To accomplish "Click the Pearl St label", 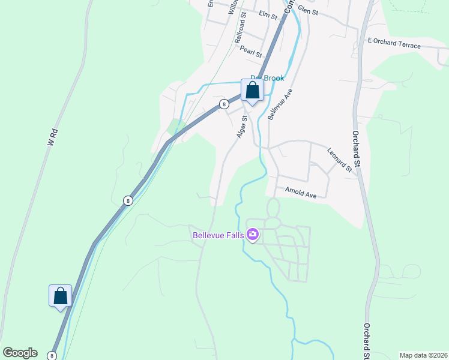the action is pyautogui.click(x=251, y=52).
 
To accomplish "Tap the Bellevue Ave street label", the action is pyautogui.click(x=280, y=104).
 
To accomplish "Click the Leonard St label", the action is pyautogui.click(x=339, y=160).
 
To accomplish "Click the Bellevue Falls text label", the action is pyautogui.click(x=218, y=235).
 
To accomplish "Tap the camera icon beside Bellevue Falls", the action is pyautogui.click(x=253, y=234).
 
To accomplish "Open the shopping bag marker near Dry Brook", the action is pyautogui.click(x=253, y=91).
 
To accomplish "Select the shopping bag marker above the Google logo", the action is pyautogui.click(x=60, y=296).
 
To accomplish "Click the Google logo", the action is pyautogui.click(x=20, y=353).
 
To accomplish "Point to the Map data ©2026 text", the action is pyautogui.click(x=423, y=355).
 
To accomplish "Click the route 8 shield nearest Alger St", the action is pyautogui.click(x=223, y=104).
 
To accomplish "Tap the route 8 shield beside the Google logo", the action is pyautogui.click(x=52, y=356).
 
